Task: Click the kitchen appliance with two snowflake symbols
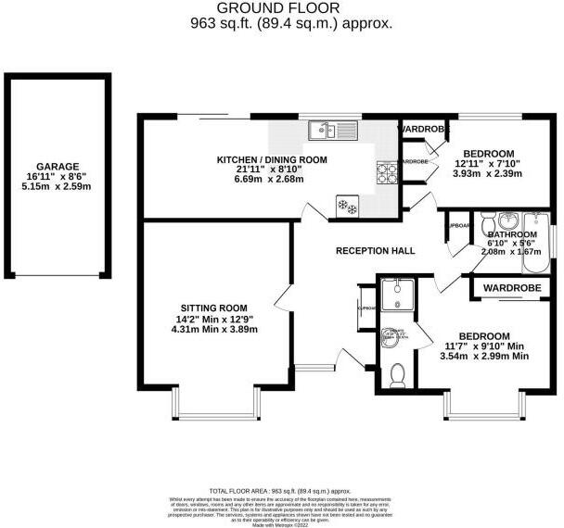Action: (x=348, y=205)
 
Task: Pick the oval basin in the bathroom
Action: (x=507, y=220)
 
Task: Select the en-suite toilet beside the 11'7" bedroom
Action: (x=397, y=374)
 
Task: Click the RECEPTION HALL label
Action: (x=375, y=250)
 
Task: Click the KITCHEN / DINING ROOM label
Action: (x=272, y=159)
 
